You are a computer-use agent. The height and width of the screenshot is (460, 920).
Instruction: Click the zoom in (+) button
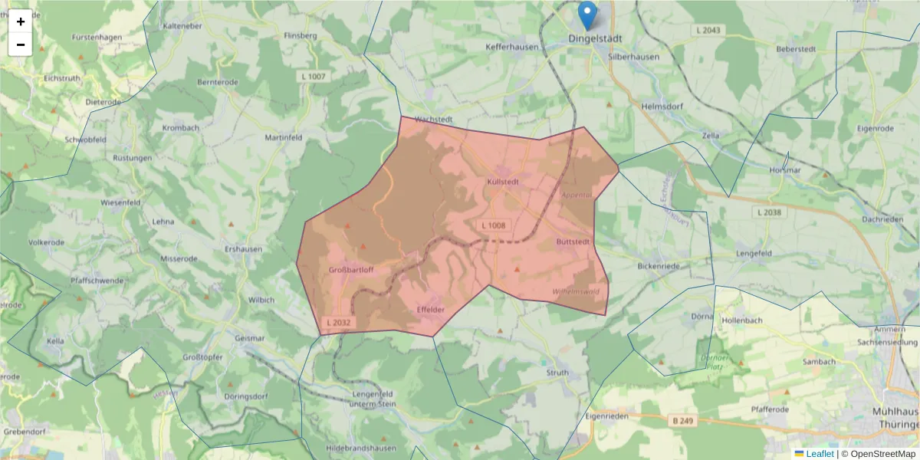click(x=21, y=21)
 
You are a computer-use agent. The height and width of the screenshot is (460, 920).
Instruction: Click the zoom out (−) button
click(x=21, y=44)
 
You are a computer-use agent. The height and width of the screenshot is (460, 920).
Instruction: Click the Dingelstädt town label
click(x=595, y=38)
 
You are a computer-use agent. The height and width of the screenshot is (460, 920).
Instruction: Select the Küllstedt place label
click(x=503, y=182)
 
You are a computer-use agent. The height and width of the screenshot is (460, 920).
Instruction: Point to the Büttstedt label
click(x=573, y=242)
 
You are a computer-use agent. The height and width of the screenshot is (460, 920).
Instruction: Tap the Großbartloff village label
click(x=351, y=270)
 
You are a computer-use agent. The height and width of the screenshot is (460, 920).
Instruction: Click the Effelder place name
click(x=430, y=309)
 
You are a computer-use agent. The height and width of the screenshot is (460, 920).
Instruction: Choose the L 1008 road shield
click(x=494, y=225)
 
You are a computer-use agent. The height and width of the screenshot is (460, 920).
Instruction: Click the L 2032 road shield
click(x=337, y=323)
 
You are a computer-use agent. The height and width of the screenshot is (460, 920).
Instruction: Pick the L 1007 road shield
click(x=313, y=77)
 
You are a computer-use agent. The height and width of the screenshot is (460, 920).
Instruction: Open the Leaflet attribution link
click(x=820, y=454)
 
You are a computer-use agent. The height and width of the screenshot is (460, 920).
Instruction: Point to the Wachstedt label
click(x=434, y=120)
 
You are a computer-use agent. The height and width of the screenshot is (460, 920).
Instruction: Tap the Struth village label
click(x=557, y=373)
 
